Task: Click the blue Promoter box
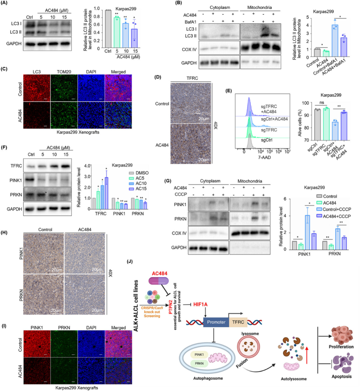[x=216, y=322]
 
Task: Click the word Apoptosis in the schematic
[x=342, y=376]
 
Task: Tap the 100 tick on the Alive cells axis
[x=306, y=103]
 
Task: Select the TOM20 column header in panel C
[x=64, y=72]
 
